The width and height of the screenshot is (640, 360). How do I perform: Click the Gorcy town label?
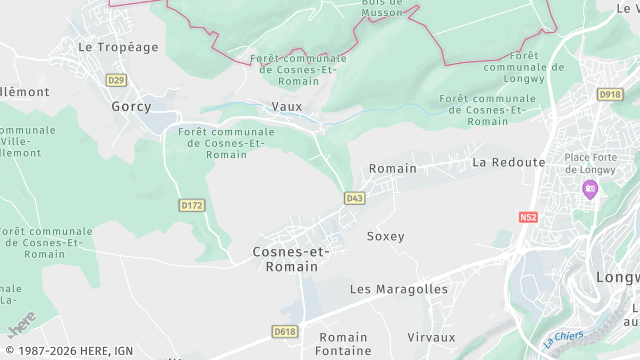tap(131, 106)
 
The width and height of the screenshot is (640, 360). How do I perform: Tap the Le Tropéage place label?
tap(118, 47)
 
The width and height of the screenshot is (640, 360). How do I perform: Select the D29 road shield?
tap(117, 80)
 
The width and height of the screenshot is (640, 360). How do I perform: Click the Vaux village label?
tap(286, 106)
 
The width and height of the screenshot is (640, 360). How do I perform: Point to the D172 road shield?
tap(191, 205)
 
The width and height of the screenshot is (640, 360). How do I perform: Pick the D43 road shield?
tap(355, 198)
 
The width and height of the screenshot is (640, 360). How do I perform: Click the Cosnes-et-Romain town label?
tap(285, 259)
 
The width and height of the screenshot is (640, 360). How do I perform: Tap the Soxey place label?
tap(385, 237)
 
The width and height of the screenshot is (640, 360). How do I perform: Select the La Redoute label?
tap(509, 162)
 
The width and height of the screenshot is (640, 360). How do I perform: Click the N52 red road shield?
tap(528, 216)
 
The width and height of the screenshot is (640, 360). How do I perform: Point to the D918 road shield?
tap(610, 94)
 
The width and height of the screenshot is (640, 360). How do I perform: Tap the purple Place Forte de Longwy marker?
tap(591, 189)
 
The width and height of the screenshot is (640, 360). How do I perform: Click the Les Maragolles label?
tap(399, 289)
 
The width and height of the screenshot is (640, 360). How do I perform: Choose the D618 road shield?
tap(285, 331)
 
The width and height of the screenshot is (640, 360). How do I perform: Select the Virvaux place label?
tap(431, 337)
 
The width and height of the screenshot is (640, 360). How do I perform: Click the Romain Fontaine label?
tap(343, 344)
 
